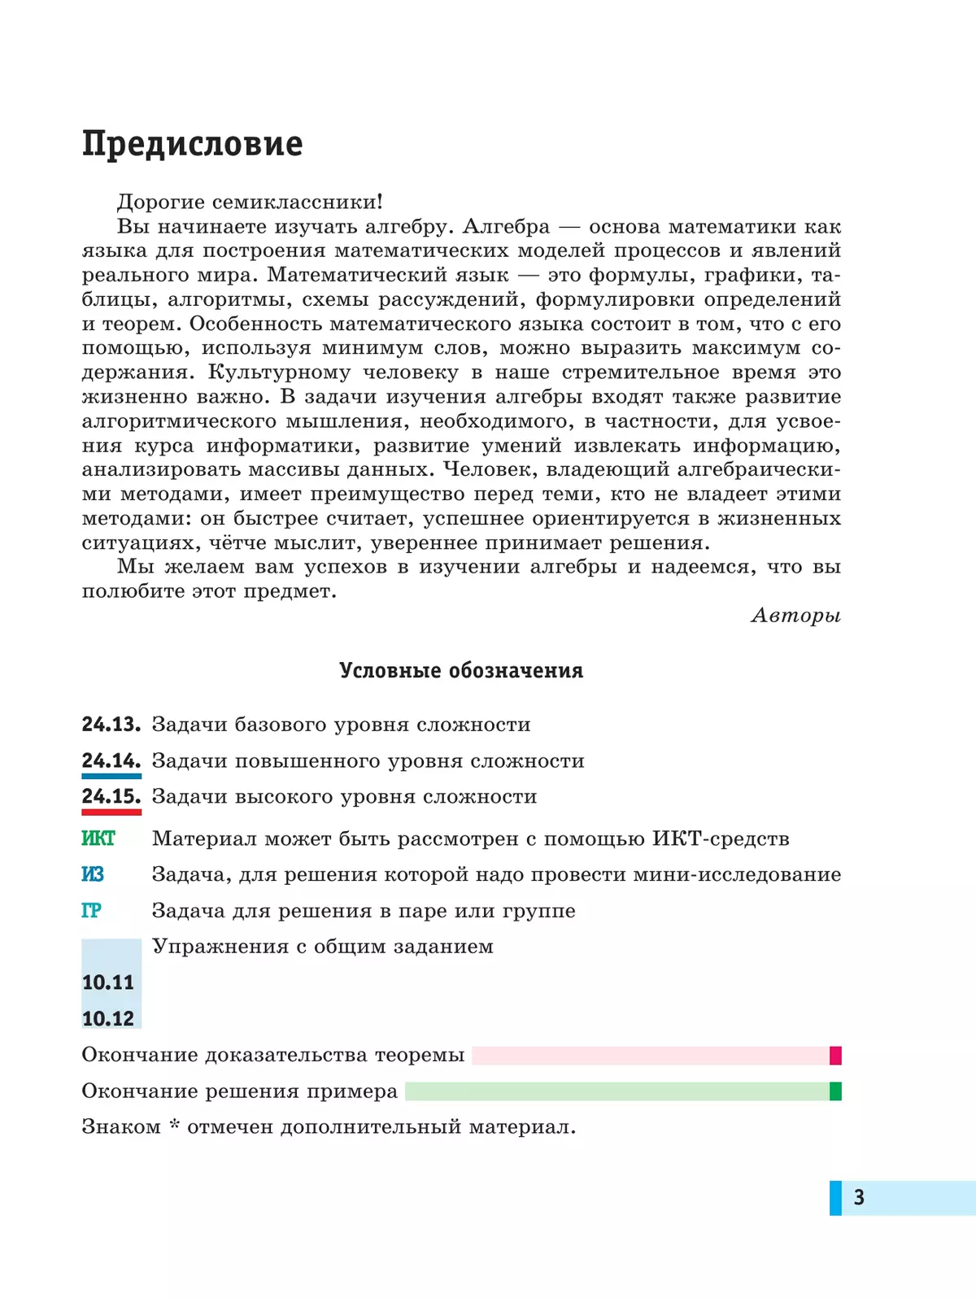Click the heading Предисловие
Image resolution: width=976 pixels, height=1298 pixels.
tap(192, 144)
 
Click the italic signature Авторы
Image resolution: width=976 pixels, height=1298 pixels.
tap(795, 616)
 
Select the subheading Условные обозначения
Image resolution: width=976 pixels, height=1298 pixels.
tap(461, 671)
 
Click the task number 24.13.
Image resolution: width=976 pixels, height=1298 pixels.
tap(111, 725)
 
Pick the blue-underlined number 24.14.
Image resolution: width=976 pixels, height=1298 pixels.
tap(111, 761)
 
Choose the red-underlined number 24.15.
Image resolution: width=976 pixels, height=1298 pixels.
tap(111, 797)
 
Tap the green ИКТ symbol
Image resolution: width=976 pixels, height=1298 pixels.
tap(98, 838)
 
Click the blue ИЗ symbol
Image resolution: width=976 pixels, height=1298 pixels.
tap(93, 874)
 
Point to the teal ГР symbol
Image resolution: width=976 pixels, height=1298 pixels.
tap(91, 911)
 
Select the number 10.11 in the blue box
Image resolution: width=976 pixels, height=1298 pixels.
tap(108, 982)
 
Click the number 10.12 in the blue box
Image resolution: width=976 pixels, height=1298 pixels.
tap(108, 1018)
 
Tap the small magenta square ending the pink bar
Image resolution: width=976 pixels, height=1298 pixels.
tap(835, 1056)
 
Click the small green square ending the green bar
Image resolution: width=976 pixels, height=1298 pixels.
tap(835, 1091)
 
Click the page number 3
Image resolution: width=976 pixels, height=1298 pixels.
tap(859, 1197)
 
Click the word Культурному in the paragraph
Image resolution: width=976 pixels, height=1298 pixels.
tap(279, 372)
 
